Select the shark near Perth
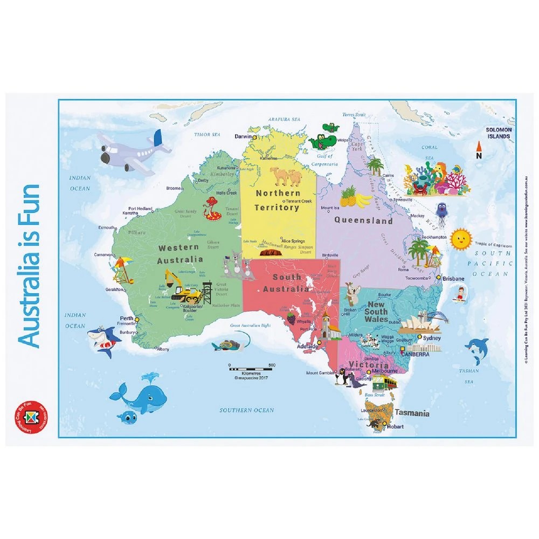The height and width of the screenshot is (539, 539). [x=102, y=340]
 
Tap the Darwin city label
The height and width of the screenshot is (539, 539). [x=243, y=136]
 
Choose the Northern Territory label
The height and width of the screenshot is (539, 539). [x=278, y=200]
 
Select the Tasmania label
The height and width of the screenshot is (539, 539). [x=412, y=413]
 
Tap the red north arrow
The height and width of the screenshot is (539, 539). [x=478, y=147]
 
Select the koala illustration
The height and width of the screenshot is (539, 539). [x=353, y=294]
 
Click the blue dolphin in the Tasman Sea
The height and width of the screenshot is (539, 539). [x=475, y=350]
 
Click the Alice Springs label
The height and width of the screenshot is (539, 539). [x=292, y=241]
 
